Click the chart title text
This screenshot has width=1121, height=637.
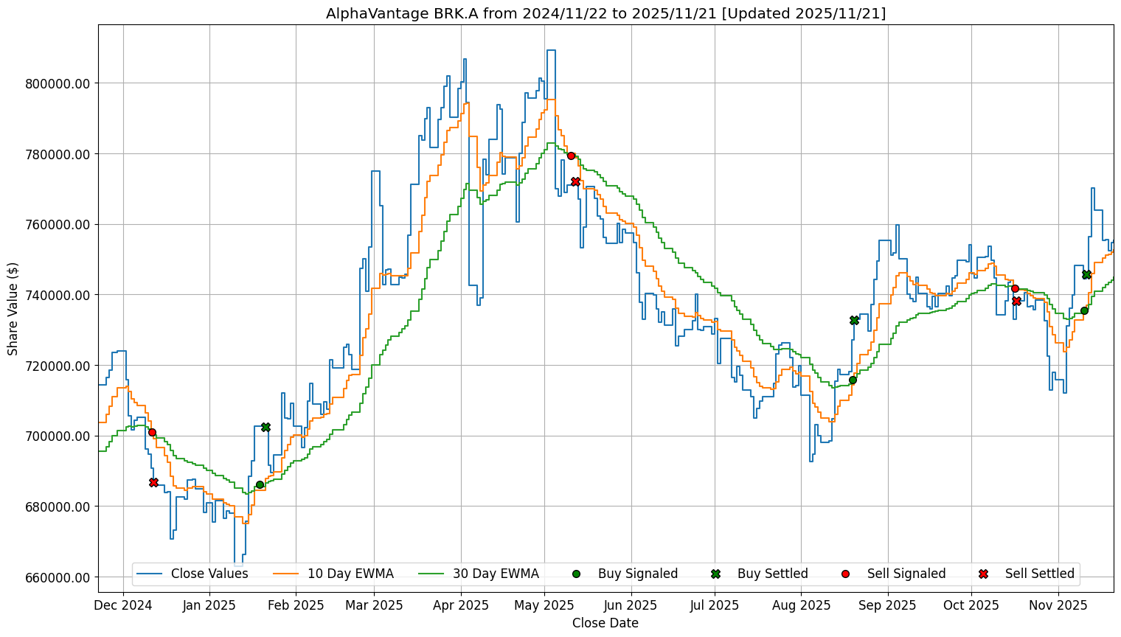[605, 13]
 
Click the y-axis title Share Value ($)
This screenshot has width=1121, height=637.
[13, 308]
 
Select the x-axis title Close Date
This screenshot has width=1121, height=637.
[605, 623]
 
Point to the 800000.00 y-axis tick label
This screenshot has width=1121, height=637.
[58, 83]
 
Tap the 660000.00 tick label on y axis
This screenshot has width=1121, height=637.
[58, 577]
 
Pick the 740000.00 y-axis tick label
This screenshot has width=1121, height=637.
[58, 295]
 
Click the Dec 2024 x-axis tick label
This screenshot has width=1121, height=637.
[123, 605]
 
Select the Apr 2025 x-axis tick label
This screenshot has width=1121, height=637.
[461, 605]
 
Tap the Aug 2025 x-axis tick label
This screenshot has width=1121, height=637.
[801, 605]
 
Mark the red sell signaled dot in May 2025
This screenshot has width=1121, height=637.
[571, 156]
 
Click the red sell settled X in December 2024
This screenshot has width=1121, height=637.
[153, 482]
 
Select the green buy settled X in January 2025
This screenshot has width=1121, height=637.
[265, 427]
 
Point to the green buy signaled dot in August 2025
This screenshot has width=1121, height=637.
[853, 380]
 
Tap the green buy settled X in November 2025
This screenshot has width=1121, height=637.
[1086, 274]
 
